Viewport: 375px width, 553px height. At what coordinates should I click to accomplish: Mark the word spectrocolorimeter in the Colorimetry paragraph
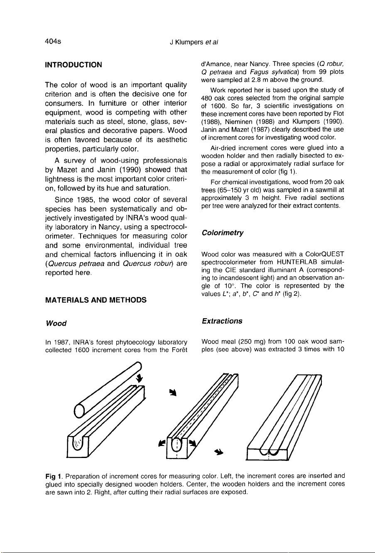[226, 262]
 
